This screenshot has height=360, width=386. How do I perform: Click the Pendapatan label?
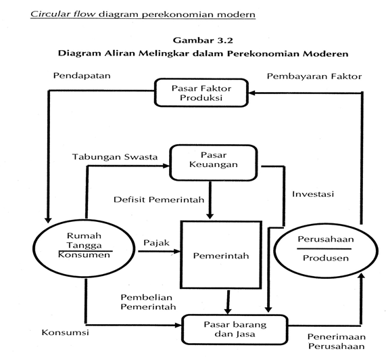coord(82,76)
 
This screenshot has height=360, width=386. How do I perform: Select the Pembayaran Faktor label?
coord(314,76)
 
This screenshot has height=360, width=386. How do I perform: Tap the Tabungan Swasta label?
coord(115,157)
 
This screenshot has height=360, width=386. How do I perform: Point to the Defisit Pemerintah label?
coord(159,200)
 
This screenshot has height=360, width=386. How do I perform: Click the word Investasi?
coord(313,194)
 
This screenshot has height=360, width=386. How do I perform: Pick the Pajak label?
coord(157,243)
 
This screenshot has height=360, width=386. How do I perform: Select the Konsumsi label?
coord(66,332)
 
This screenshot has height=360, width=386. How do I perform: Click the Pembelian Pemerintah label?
coord(148,302)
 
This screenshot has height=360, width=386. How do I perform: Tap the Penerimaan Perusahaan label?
coord(337,342)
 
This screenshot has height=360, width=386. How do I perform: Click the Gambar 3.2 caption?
coord(203,40)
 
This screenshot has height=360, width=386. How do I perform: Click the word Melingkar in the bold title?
coord(164,53)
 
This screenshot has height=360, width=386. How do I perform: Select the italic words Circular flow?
coord(63,14)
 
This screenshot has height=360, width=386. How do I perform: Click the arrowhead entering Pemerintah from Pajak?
coord(177,251)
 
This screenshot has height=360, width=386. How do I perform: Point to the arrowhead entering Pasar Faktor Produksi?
coord(251,93)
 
